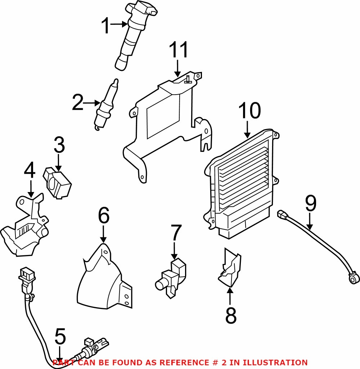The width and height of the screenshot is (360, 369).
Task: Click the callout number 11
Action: tap(179, 50)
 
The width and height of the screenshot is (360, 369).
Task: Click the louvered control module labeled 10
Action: tap(241, 183)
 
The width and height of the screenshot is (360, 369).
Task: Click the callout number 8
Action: tap(231, 315)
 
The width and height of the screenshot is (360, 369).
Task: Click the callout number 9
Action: tap(311, 203)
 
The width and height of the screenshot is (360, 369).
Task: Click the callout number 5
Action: tap(60, 337)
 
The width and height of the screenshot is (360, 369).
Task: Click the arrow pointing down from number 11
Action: tap(178, 68)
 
